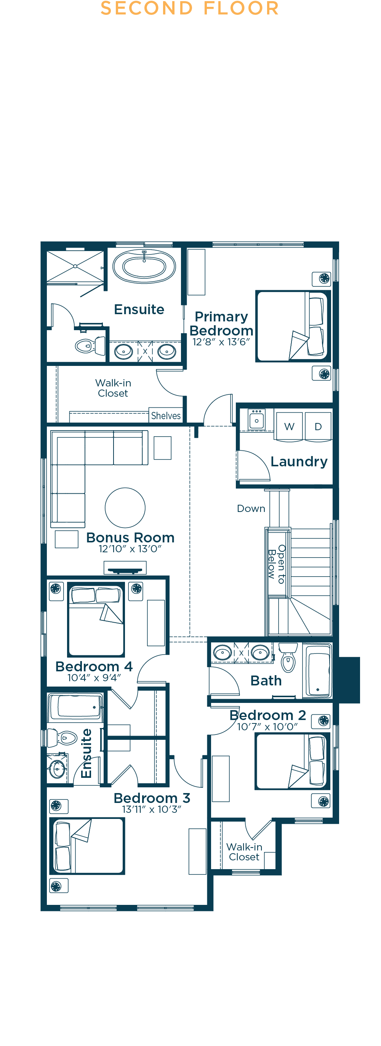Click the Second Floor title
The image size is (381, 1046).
(x=189, y=8)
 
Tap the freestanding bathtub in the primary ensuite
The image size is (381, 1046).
(x=144, y=266)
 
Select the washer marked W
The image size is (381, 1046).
(x=289, y=426)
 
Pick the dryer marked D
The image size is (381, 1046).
(x=319, y=426)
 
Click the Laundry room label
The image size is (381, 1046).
(x=299, y=462)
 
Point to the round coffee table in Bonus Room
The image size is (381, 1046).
(x=125, y=507)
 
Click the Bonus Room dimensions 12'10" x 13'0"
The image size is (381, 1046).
(x=130, y=549)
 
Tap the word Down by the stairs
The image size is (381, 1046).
(x=251, y=509)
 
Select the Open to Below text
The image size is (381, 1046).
(x=277, y=564)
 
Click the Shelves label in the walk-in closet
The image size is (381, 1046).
(x=166, y=416)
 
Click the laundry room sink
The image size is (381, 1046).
(x=256, y=419)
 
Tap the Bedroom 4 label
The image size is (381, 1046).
(x=94, y=667)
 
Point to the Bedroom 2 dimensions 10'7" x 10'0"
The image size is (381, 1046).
(x=267, y=727)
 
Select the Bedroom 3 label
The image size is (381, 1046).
(x=152, y=798)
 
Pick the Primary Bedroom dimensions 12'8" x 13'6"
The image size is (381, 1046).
(x=221, y=342)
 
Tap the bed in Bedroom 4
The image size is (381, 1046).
(x=96, y=620)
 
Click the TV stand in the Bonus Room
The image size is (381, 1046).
(x=125, y=568)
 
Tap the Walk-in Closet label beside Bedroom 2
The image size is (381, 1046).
(x=244, y=852)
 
